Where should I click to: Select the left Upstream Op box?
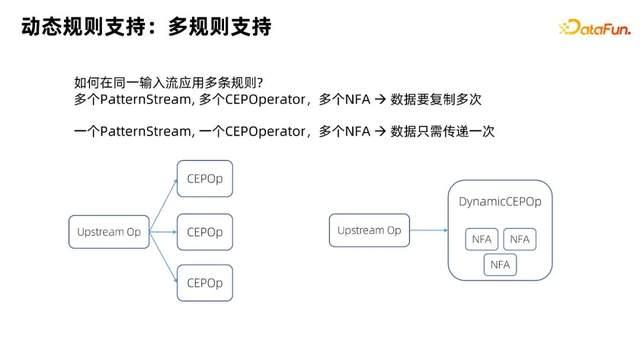108,232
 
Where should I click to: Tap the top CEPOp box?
204,181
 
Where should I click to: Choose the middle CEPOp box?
204,232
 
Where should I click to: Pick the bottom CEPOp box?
204,283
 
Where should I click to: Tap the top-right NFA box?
519,240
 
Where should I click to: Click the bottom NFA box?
499,265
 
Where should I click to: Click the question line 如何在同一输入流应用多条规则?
169,82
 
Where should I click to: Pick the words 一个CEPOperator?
241,131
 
